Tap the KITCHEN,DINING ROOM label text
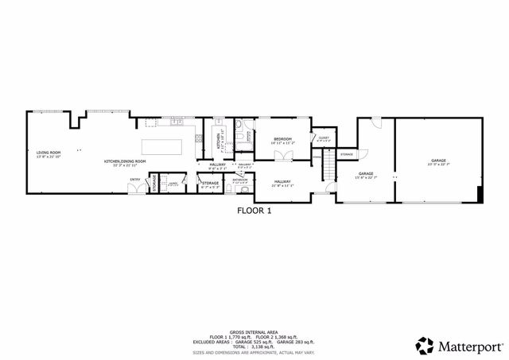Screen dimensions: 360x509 coord(125,161)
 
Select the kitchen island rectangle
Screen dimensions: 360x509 coord(162,147)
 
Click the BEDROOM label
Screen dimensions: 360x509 coord(282,140)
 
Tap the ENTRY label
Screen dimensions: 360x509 coord(134,180)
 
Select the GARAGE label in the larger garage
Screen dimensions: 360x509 coord(438,160)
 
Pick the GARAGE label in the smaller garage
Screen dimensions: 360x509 coord(366,173)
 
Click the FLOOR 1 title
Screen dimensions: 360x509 coord(254,211)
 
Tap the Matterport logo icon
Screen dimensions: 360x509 coord(425,346)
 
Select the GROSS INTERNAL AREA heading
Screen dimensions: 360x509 coord(254,332)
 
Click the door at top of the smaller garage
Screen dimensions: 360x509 coord(375,121)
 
